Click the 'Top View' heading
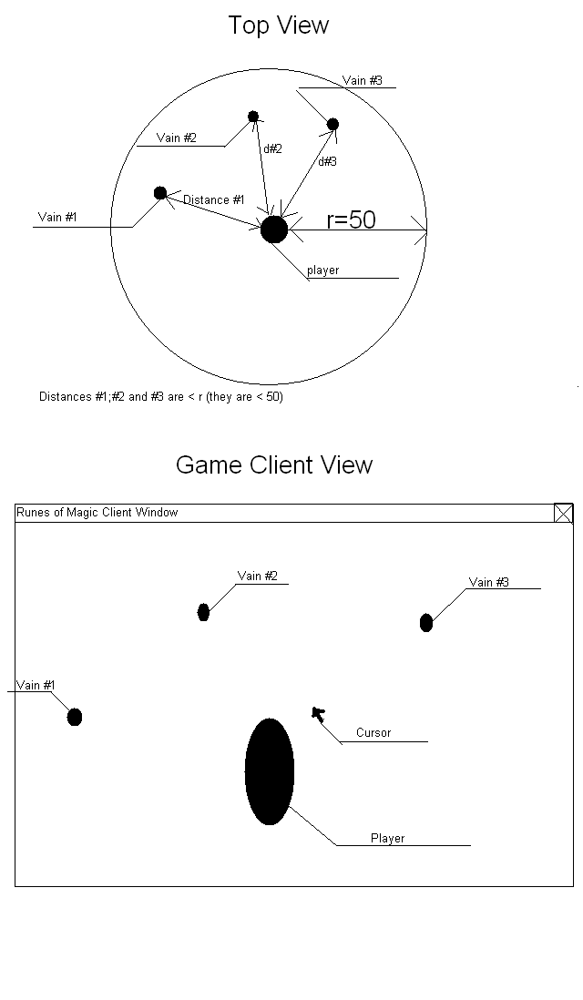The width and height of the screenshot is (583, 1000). [278, 26]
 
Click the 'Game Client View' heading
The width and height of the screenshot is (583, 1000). [274, 464]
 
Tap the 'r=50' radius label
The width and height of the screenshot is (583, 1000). [351, 219]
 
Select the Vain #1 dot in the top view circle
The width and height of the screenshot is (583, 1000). [160, 193]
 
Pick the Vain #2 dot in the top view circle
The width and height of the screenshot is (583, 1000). [253, 117]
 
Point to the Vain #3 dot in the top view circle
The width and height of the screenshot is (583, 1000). [332, 124]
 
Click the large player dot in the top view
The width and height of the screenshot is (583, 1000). [273, 230]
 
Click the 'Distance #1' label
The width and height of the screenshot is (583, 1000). [213, 200]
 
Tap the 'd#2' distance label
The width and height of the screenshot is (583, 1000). [272, 148]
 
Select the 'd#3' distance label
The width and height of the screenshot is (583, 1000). [327, 161]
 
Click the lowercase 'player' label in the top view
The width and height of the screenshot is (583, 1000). [322, 270]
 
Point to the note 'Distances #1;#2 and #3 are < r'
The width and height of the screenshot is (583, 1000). [160, 397]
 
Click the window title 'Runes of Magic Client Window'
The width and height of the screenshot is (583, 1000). [97, 513]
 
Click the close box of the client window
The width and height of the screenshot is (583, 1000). [564, 514]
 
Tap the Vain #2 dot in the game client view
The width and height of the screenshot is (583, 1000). [203, 612]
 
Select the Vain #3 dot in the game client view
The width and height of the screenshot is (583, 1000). [425, 623]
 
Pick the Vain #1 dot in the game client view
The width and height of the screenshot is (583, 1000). [75, 717]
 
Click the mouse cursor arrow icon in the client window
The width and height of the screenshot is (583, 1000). [317, 713]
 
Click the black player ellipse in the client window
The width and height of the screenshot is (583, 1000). [270, 771]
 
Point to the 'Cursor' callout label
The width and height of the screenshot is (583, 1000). [373, 733]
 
